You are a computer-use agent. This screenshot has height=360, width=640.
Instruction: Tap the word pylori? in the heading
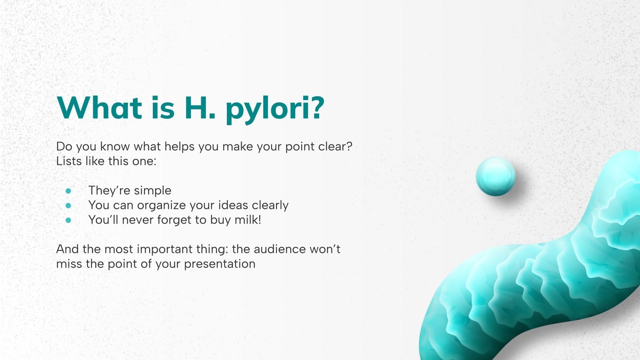pos(274,109)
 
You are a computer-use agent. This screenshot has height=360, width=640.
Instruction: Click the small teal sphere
pos(496,176)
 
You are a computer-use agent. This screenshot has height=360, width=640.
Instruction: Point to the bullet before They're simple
pos(68,191)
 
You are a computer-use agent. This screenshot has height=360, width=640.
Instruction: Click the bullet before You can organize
pos(68,206)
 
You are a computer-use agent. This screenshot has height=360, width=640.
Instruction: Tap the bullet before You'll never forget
pos(68,220)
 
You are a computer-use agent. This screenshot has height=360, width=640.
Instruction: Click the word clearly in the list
pos(270,205)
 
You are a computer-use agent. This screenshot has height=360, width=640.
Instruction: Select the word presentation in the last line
pos(220,264)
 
